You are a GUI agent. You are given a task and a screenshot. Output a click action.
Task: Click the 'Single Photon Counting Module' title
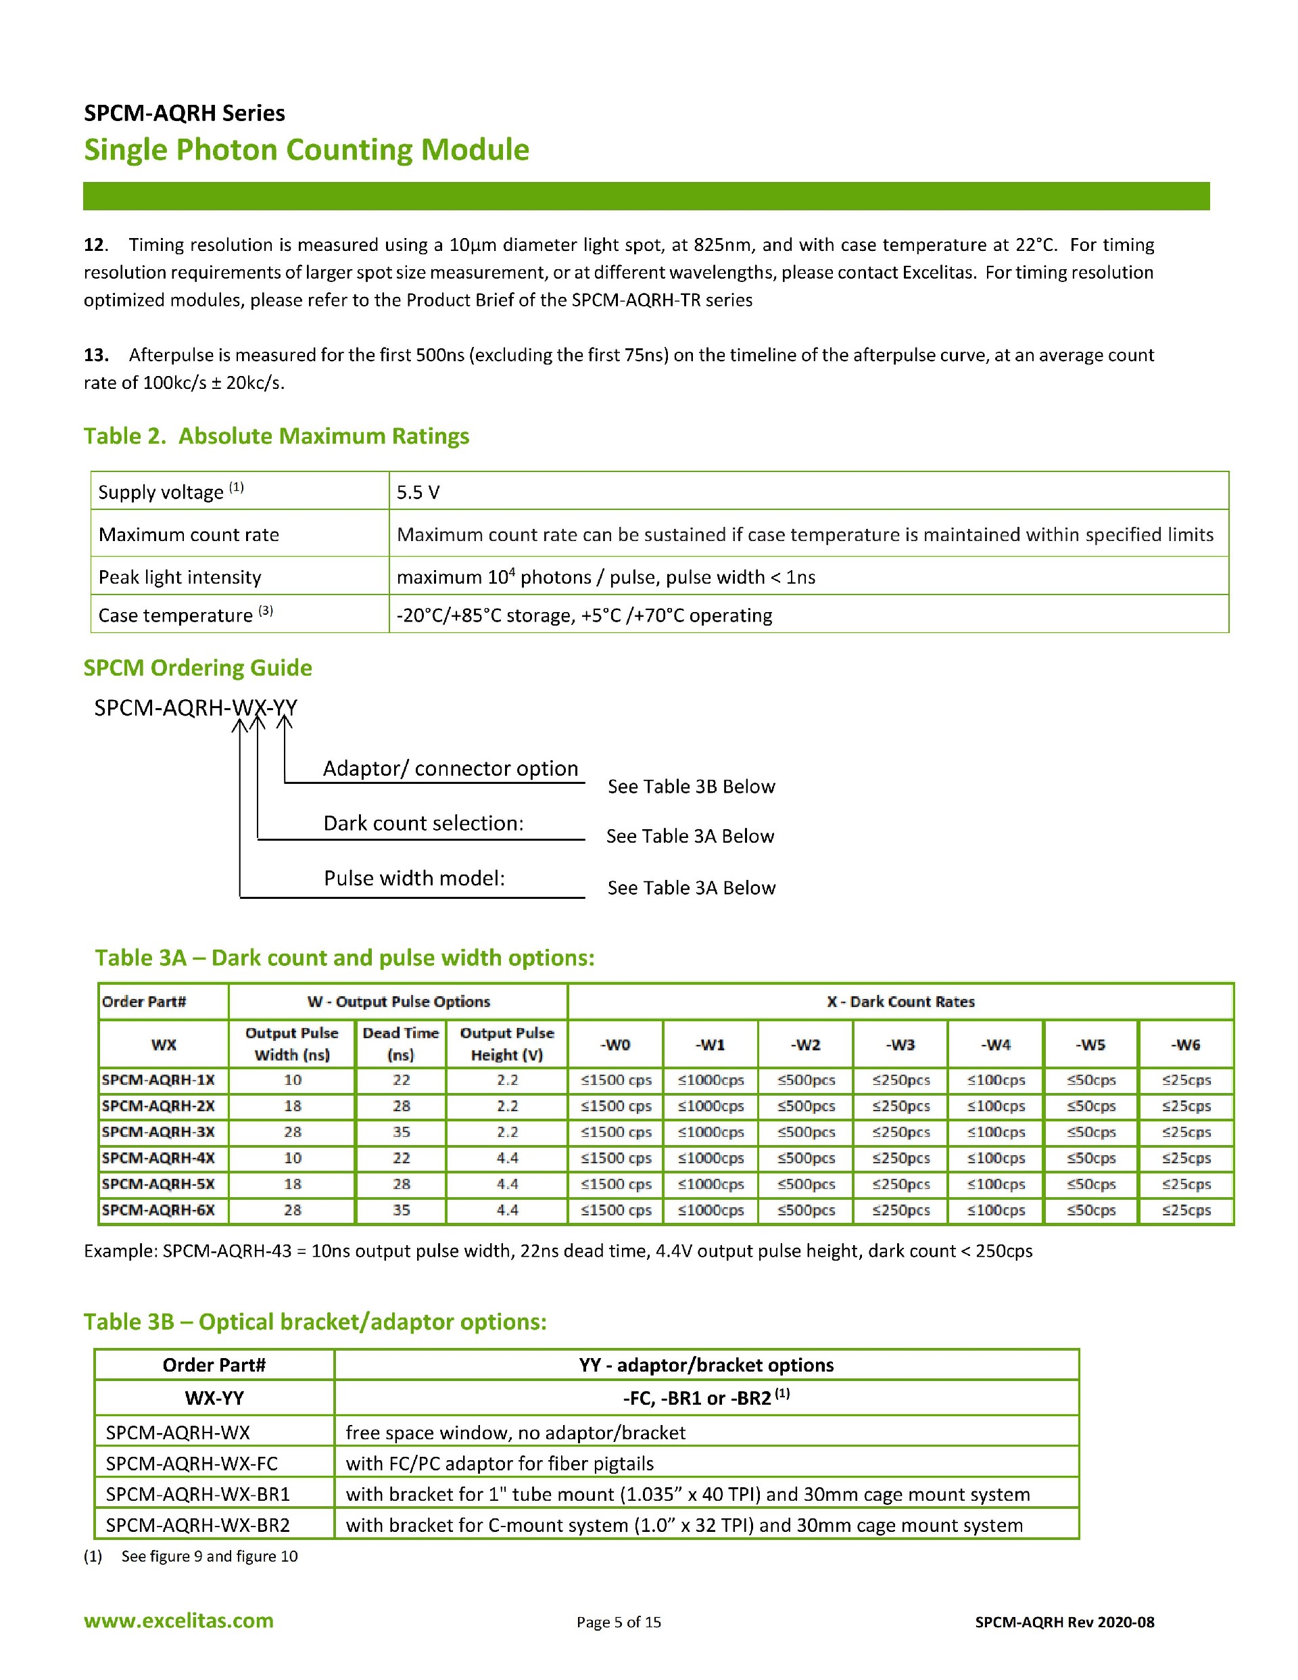click(306, 149)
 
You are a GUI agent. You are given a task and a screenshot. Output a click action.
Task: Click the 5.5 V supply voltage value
click(418, 492)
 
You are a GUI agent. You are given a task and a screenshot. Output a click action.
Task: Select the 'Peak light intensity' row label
click(180, 577)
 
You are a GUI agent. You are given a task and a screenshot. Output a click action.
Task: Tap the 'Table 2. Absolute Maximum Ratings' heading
click(276, 436)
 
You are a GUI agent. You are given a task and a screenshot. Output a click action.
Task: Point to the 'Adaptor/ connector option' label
click(450, 768)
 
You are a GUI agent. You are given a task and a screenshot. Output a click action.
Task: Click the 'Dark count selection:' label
click(423, 823)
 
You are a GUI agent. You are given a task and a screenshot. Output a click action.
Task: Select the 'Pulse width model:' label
click(414, 878)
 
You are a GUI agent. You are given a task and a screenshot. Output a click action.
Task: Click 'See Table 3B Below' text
click(690, 786)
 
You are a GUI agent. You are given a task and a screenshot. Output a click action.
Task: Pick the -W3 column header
click(900, 1045)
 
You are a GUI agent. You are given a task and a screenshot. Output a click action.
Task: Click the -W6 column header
click(1186, 1045)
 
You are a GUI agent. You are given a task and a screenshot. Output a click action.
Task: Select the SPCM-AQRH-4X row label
click(158, 1158)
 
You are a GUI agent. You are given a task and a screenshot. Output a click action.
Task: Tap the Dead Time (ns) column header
click(401, 1044)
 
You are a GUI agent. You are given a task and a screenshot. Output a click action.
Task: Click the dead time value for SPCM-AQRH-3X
click(402, 1131)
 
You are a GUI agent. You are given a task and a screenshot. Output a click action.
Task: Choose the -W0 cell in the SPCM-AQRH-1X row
click(616, 1080)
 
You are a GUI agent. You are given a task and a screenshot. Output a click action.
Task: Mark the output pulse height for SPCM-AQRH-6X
click(507, 1210)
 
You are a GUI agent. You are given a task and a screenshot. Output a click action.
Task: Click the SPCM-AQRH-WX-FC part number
click(191, 1463)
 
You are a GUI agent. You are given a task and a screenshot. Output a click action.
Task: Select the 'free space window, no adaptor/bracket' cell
click(515, 1432)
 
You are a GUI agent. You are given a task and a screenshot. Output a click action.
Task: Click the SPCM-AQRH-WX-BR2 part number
click(197, 1524)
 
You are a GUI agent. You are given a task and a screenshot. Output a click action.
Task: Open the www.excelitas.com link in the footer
click(178, 1620)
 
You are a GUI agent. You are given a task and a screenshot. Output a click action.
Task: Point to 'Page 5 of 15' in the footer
click(619, 1623)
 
